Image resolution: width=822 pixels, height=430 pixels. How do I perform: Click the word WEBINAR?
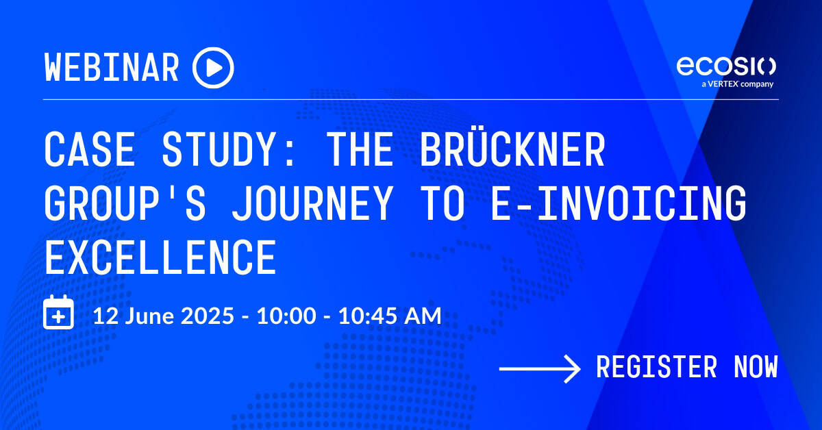[x=112, y=68]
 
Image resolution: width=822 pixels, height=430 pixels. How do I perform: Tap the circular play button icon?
[x=213, y=68]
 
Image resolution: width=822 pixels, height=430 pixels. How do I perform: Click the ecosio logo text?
[x=726, y=66]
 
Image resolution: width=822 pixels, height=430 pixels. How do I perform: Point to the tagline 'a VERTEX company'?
[x=736, y=84]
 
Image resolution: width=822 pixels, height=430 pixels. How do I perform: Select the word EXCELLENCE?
[x=160, y=255]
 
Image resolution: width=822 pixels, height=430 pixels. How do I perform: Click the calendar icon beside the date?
[x=59, y=313]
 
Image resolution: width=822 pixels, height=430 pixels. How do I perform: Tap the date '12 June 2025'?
[x=168, y=316]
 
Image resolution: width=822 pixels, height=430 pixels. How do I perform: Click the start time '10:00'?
[x=286, y=316]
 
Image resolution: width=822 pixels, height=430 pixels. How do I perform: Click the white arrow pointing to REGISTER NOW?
[x=540, y=370]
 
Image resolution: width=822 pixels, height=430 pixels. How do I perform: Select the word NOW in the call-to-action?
[x=756, y=368]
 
